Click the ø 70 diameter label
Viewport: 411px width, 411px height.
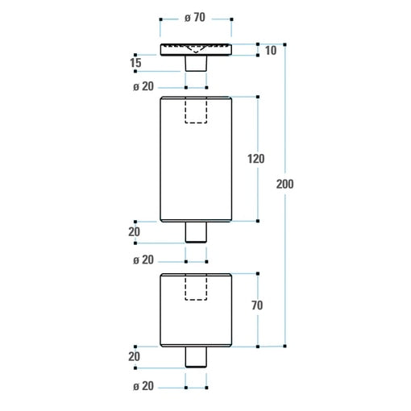pyautogui.click(x=196, y=19)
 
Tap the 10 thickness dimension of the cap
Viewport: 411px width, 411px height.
pyautogui.click(x=270, y=50)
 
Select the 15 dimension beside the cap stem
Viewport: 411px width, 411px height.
pyautogui.click(x=135, y=63)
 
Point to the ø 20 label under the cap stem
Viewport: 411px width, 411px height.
pyautogui.click(x=143, y=87)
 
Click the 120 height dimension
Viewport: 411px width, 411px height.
pyautogui.click(x=255, y=159)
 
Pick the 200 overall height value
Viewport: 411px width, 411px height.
pyautogui.click(x=284, y=184)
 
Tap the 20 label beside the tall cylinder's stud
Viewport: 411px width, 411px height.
pyautogui.click(x=134, y=232)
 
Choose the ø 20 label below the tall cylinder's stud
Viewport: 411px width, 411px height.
pyautogui.click(x=143, y=260)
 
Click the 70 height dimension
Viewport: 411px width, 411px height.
pyautogui.click(x=256, y=305)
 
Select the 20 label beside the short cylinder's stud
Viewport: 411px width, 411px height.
pyautogui.click(x=134, y=356)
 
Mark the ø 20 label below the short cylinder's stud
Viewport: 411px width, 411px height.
pyautogui.click(x=143, y=387)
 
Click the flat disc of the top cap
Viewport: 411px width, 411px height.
pyautogui.click(x=196, y=49)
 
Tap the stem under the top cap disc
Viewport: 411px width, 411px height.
pyautogui.click(x=196, y=63)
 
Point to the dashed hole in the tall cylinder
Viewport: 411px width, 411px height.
pyautogui.click(x=196, y=110)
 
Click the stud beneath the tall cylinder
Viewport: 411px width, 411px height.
pyautogui.click(x=196, y=232)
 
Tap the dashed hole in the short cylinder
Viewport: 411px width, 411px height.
pyautogui.click(x=196, y=287)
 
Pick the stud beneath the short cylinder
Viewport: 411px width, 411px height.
pyautogui.click(x=196, y=357)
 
